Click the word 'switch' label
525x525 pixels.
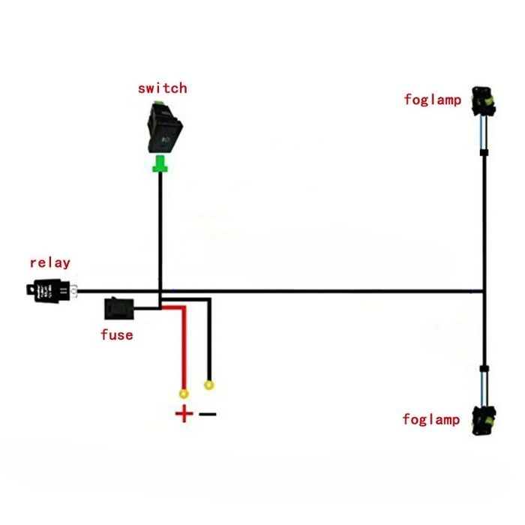pos(162,88)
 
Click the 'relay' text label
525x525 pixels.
pos(49,262)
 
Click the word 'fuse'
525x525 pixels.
pos(116,334)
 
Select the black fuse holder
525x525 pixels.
pos(118,307)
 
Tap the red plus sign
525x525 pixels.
pos(183,413)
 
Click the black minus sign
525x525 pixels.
pos(208,414)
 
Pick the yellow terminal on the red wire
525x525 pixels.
pos(182,393)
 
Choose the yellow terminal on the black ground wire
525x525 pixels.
pos(209,385)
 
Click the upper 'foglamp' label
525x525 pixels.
pos(432,99)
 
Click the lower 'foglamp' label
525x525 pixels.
pos(430,419)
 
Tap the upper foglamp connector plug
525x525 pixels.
pos(481,103)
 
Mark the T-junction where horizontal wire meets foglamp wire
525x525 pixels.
pos(484,291)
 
